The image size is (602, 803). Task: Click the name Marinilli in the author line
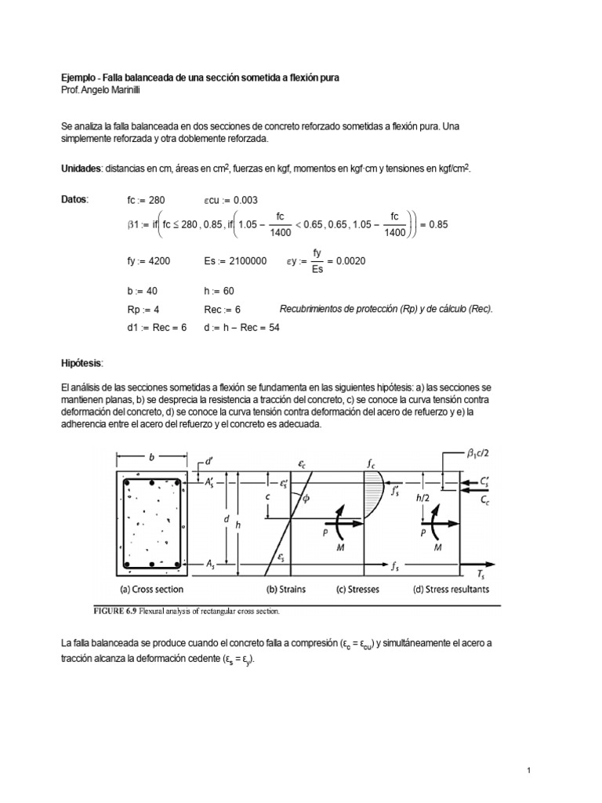click(x=123, y=89)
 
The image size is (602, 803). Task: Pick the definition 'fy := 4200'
click(x=149, y=261)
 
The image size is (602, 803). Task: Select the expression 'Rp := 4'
click(x=143, y=310)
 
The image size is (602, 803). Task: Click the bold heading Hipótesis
click(x=82, y=365)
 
